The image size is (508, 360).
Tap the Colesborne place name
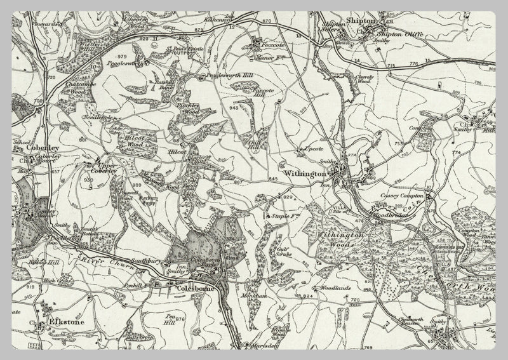[x=191, y=290]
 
